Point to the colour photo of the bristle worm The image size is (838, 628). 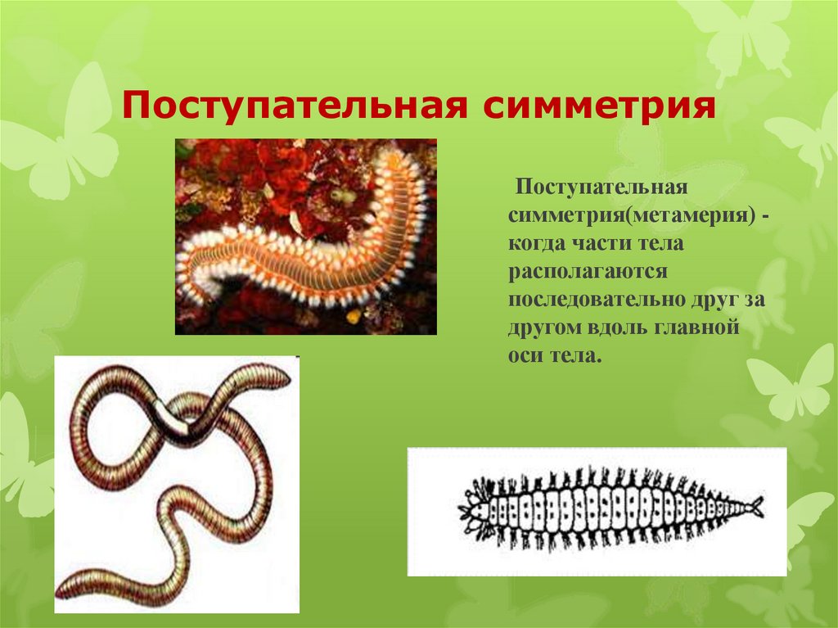coord(305,236)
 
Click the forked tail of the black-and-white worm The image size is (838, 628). coord(757,507)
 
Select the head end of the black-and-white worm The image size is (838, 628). coord(473,512)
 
